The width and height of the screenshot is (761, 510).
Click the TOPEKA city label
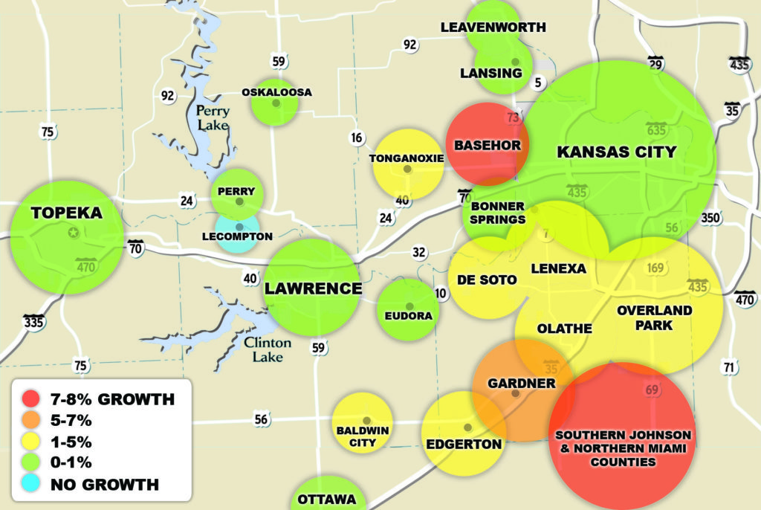point(66,213)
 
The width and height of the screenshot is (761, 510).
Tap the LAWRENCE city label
point(314,288)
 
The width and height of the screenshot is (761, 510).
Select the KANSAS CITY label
point(616,152)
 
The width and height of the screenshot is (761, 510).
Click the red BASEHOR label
point(488,145)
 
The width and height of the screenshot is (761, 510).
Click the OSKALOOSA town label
point(276,92)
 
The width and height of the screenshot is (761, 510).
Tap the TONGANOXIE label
point(407,158)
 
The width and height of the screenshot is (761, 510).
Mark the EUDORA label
point(409,316)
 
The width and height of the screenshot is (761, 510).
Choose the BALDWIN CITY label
point(362,436)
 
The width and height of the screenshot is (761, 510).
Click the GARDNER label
point(521,384)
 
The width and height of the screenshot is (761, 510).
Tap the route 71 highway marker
point(728,367)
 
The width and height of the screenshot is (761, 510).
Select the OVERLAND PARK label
point(654,317)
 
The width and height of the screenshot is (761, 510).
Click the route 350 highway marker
point(710,218)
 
